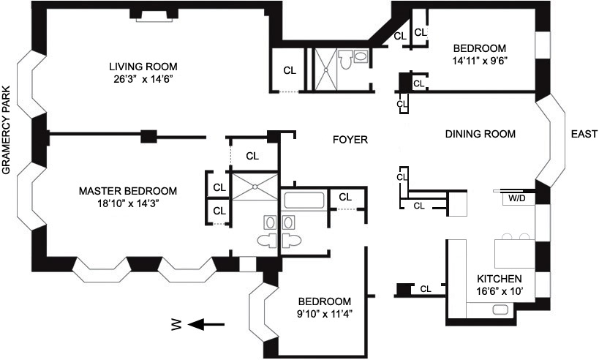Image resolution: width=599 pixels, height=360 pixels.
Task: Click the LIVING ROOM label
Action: pyautogui.click(x=143, y=65)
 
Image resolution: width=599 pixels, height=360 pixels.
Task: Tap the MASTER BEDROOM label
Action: pyautogui.click(x=128, y=191)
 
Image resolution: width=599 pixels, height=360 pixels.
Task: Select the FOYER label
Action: pyautogui.click(x=350, y=140)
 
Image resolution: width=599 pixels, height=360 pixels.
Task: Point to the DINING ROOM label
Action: pyautogui.click(x=481, y=134)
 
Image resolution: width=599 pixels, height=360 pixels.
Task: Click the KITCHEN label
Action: pyautogui.click(x=499, y=279)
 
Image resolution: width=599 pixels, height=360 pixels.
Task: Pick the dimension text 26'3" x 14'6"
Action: pyautogui.click(x=143, y=78)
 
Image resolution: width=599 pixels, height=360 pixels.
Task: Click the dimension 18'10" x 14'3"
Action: pyautogui.click(x=128, y=204)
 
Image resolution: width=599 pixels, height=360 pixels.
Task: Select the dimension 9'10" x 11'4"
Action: pyautogui.click(x=324, y=315)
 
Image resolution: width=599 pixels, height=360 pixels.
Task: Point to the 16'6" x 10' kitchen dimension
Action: pyautogui.click(x=499, y=292)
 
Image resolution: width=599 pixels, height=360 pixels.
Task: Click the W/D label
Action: pyautogui.click(x=516, y=198)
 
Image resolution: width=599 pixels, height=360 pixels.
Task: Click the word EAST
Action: pyautogui.click(x=582, y=134)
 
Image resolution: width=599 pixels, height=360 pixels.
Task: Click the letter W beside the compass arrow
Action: pyautogui.click(x=176, y=325)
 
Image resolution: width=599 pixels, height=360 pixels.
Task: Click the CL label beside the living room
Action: pyautogui.click(x=290, y=70)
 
